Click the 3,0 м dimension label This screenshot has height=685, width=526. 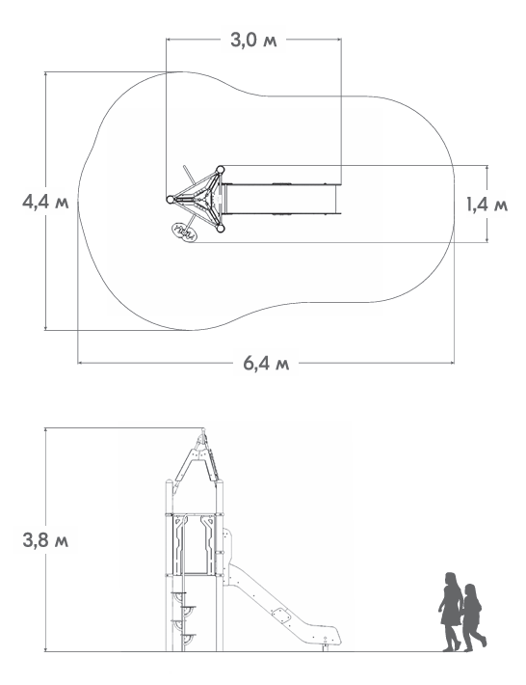(x=253, y=41)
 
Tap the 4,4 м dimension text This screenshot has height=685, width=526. (x=46, y=203)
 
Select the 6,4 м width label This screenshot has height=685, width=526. (x=266, y=363)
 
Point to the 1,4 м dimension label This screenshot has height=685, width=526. (x=487, y=205)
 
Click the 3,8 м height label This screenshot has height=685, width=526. (x=46, y=540)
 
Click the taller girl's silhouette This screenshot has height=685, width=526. (x=451, y=612)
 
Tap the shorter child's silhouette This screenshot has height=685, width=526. (x=474, y=616)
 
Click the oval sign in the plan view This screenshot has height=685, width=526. (x=184, y=232)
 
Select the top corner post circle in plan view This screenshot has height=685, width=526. (x=221, y=170)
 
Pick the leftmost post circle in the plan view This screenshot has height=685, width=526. (x=171, y=200)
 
